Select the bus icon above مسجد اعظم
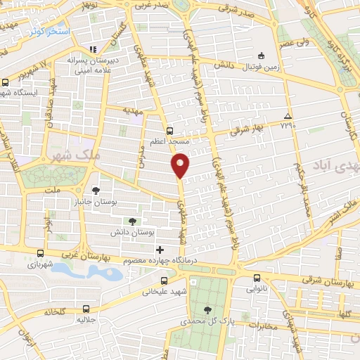pyautogui.click(x=169, y=130)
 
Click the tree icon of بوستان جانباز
pyautogui.click(x=96, y=191)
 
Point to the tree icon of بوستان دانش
pyautogui.click(x=132, y=221)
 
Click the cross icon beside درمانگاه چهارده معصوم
pyautogui.click(x=160, y=250)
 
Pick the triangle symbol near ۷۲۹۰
pyautogui.click(x=287, y=116)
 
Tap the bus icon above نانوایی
pyautogui.click(x=257, y=277)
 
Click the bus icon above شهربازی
pyautogui.click(x=40, y=253)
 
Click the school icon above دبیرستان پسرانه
pyautogui.click(x=92, y=50)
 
